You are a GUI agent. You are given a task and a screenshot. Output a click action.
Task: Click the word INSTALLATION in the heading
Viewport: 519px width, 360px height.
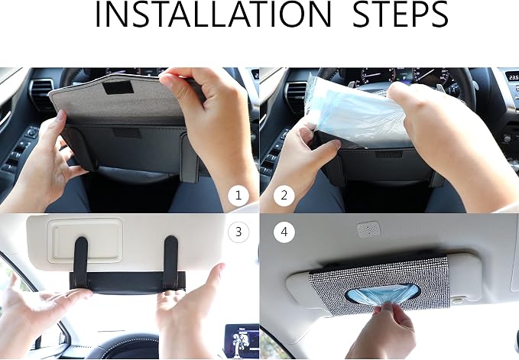pos(212,15)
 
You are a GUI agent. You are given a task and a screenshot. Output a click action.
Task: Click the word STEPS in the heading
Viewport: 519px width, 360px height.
pos(401,15)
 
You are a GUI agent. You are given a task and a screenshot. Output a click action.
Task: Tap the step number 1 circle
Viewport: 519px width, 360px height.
pos(238,196)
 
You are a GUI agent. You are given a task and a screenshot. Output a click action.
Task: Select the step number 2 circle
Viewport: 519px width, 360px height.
pos(284,196)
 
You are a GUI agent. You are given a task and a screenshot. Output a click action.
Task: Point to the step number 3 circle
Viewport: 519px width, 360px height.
pos(238,232)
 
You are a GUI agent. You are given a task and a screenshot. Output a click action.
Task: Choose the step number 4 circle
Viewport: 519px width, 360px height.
pos(284,232)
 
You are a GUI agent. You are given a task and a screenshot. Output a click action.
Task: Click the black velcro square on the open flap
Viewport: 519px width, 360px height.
pos(118,87)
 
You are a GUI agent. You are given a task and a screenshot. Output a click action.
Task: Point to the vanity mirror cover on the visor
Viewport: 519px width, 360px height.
pos(85,240)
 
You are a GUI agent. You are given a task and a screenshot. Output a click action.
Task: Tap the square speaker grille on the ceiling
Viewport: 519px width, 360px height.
pos(368,229)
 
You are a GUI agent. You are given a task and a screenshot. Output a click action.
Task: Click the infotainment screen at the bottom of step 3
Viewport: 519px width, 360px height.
pos(242,341)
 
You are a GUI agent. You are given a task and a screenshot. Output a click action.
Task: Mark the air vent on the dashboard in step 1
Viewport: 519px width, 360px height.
pos(41,94)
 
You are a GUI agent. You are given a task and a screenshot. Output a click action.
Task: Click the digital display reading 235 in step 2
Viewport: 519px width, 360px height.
pos(514,77)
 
